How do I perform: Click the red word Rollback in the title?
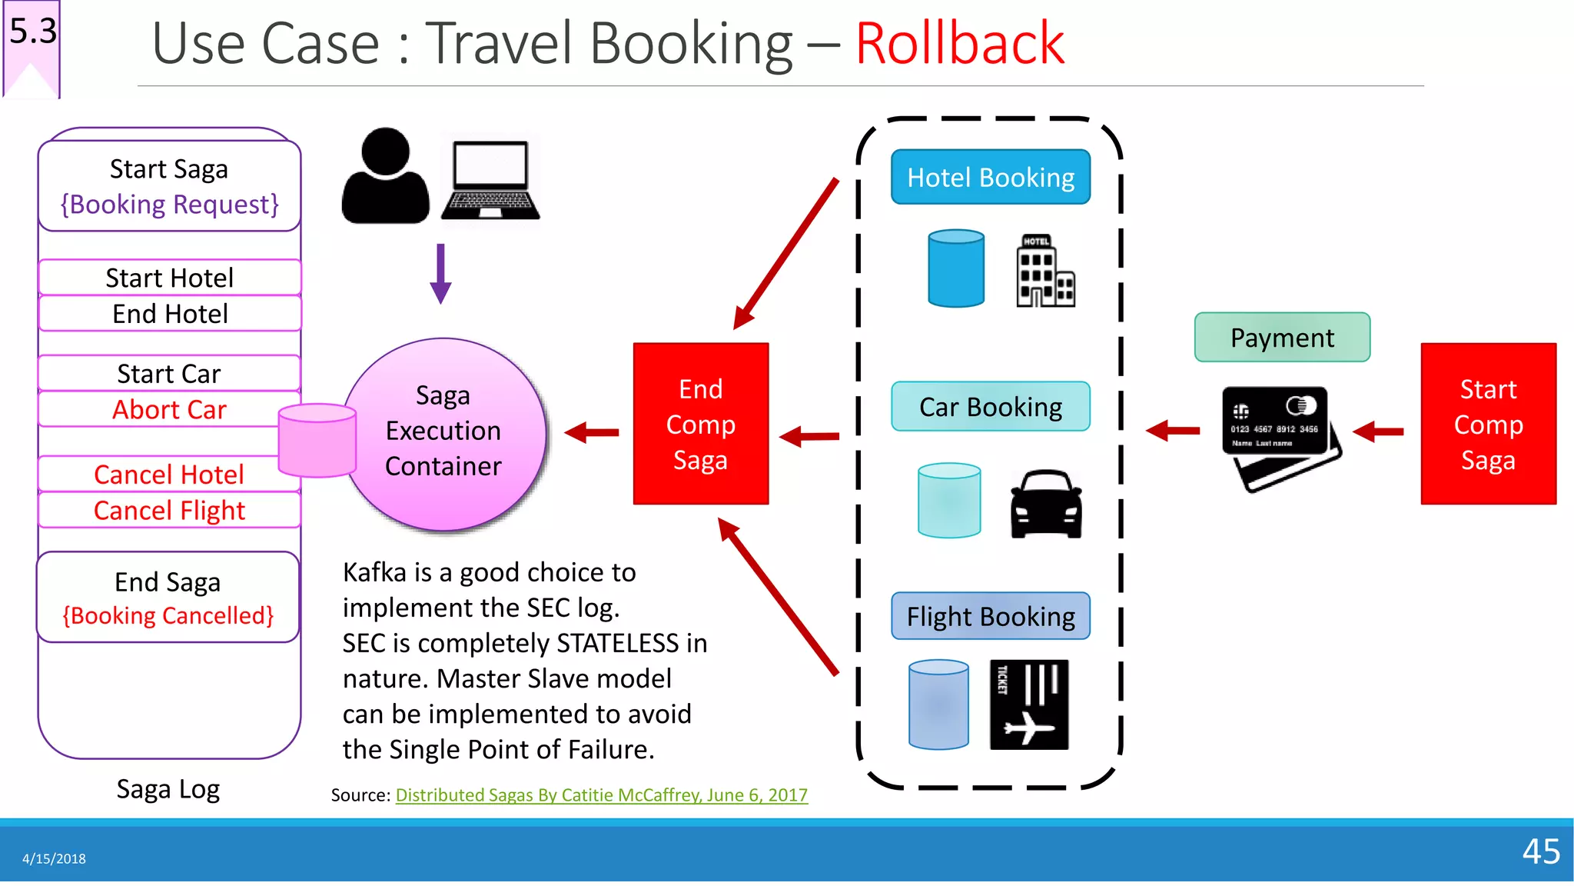click(x=959, y=44)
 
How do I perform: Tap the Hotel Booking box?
click(x=990, y=178)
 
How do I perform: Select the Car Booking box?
click(x=990, y=407)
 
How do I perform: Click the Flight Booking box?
click(x=990, y=617)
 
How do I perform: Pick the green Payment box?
click(x=1281, y=338)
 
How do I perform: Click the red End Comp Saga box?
click(x=700, y=424)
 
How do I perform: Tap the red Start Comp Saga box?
click(x=1488, y=424)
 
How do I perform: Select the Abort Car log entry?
click(x=169, y=410)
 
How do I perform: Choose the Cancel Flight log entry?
click(x=169, y=511)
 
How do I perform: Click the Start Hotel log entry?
click(x=169, y=278)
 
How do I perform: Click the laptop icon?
click(x=490, y=179)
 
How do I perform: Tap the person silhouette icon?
click(x=385, y=177)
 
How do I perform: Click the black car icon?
click(x=1046, y=504)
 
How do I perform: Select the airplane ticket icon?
click(x=1028, y=704)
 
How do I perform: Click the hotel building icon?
click(x=1044, y=271)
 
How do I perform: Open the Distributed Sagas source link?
click(x=601, y=795)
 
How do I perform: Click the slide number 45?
click(x=1540, y=851)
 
